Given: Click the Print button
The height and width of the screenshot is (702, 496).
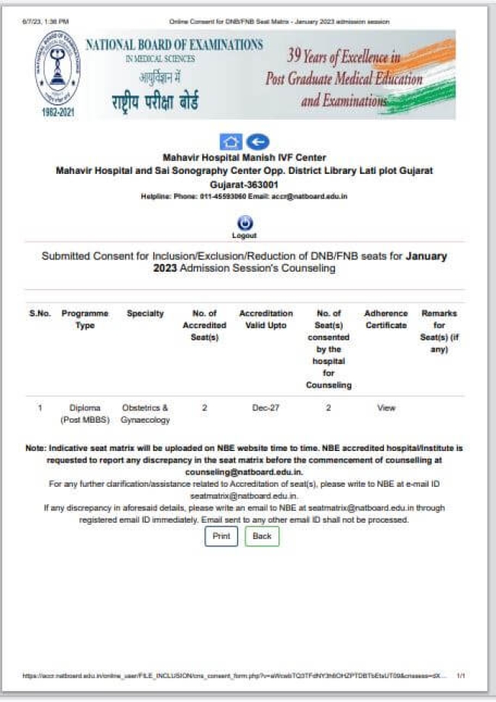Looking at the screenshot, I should click(221, 536).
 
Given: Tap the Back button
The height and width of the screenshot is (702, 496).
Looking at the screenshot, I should click(262, 536).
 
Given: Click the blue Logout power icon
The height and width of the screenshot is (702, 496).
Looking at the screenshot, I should click(244, 223).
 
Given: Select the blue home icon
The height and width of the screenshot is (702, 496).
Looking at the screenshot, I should click(230, 142).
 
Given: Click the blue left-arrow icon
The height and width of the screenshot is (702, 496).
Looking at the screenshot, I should click(258, 142).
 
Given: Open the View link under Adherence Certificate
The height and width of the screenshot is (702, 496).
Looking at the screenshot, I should click(386, 408).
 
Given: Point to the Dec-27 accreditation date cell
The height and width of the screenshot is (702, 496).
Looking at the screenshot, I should click(266, 408).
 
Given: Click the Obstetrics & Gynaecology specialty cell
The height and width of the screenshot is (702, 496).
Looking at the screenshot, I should click(145, 414).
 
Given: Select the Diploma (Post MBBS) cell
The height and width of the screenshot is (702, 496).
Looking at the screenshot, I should click(85, 414).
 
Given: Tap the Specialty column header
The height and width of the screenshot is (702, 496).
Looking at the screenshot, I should click(145, 314).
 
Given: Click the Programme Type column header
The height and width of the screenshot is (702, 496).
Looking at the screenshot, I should click(85, 319).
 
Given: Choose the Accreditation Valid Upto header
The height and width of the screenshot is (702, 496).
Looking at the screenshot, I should click(266, 319).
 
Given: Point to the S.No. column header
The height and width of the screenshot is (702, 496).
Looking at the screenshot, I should click(40, 314).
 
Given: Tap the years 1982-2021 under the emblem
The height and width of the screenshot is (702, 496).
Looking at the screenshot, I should click(57, 112).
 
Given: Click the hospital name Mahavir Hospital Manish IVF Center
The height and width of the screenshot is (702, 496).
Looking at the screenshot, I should click(244, 158).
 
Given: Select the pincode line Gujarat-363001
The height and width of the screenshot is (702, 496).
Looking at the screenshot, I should click(244, 185).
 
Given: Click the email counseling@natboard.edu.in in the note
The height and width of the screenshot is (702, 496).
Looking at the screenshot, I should click(244, 473).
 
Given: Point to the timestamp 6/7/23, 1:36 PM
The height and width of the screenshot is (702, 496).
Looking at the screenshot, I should click(45, 21).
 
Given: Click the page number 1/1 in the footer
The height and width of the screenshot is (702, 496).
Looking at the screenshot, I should click(461, 676).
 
